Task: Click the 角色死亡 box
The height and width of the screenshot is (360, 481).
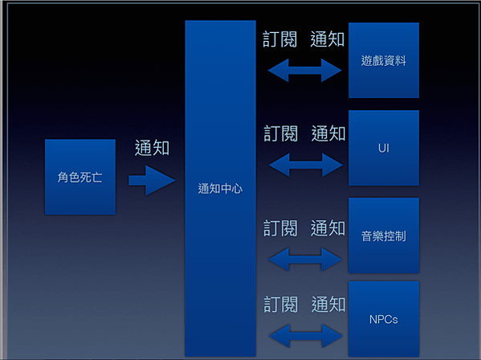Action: click(80, 177)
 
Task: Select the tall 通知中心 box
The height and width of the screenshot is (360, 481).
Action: click(220, 189)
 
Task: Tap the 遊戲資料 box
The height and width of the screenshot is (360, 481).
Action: click(384, 60)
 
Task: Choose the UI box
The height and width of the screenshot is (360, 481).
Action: click(384, 148)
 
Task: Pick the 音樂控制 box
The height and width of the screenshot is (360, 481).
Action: click(384, 235)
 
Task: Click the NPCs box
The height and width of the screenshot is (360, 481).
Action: click(384, 319)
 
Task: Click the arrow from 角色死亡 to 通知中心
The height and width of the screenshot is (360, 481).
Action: click(152, 180)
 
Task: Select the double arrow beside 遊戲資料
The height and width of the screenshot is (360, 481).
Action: click(304, 70)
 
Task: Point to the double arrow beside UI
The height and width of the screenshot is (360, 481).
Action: click(306, 165)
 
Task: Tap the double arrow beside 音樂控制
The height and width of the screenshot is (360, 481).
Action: click(305, 260)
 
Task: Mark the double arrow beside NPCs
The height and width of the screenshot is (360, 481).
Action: click(306, 336)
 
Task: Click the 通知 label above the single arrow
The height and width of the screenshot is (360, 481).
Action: click(152, 148)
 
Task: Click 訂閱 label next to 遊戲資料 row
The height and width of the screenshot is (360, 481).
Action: click(279, 39)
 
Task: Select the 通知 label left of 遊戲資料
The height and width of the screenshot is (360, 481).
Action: click(328, 39)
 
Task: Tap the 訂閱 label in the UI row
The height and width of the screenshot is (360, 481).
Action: click(281, 133)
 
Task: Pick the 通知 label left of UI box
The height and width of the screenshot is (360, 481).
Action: click(328, 133)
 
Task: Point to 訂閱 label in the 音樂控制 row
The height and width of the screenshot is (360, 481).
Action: click(280, 228)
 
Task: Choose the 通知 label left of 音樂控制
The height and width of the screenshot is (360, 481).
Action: click(328, 228)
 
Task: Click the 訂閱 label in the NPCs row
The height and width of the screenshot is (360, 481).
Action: click(281, 304)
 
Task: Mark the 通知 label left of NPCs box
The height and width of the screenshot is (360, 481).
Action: click(328, 304)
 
